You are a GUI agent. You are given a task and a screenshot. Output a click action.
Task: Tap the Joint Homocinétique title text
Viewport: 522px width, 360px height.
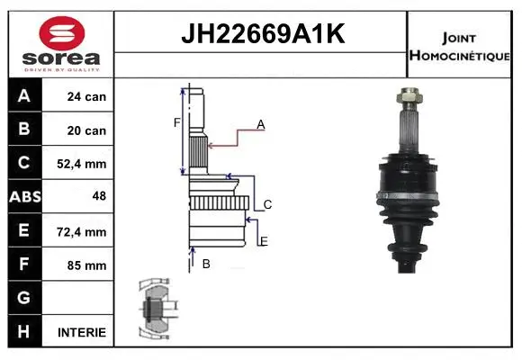(461, 46)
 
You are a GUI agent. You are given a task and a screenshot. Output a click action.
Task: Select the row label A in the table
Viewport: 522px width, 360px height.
(23, 96)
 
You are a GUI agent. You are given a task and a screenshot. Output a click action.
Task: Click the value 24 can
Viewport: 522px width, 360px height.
(86, 96)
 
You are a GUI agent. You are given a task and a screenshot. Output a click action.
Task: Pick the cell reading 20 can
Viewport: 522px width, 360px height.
(86, 130)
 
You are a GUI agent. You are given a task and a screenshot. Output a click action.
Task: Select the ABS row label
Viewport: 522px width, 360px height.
(23, 197)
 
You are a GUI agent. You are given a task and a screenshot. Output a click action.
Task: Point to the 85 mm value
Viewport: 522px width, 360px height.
(86, 265)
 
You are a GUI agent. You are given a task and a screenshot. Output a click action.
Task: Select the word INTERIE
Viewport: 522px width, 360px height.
(82, 332)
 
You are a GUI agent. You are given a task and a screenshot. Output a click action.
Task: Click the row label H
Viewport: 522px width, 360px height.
(23, 332)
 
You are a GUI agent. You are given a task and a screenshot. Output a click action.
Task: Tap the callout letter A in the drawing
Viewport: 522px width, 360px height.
(260, 125)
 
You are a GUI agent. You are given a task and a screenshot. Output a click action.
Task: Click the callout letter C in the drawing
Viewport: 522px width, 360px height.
(267, 205)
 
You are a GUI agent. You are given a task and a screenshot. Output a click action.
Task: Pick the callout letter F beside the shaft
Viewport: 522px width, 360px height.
(177, 122)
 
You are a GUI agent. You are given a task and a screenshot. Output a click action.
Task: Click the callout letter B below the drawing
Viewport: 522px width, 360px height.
(206, 264)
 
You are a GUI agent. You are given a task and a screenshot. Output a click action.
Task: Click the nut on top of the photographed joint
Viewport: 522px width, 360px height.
(409, 94)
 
